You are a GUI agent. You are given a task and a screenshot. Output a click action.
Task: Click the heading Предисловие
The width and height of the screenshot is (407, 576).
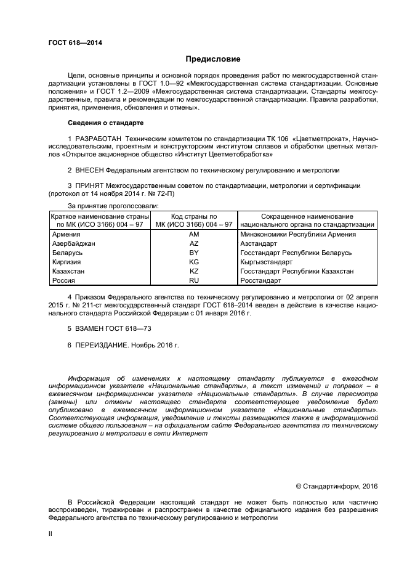tap(213, 59)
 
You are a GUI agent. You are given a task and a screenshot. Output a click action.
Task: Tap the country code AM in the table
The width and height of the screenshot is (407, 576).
tap(194, 235)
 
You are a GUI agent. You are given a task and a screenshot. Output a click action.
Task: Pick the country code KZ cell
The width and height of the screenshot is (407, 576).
tap(194, 271)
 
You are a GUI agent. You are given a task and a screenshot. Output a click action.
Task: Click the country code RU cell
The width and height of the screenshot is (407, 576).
tap(194, 280)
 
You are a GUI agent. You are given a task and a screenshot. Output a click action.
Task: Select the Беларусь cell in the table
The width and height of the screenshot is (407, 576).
tap(67, 253)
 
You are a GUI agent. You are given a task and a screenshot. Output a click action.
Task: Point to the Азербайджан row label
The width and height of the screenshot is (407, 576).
tap(73, 244)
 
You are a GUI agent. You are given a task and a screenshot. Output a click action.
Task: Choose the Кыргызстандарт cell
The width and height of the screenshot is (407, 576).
tap(266, 262)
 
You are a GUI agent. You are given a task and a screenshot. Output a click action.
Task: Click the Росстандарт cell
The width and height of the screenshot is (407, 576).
tap(260, 280)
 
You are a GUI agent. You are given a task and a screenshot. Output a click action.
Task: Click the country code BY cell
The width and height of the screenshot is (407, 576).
tap(194, 253)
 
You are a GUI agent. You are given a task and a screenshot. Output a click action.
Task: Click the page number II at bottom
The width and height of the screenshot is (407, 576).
tap(50, 535)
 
